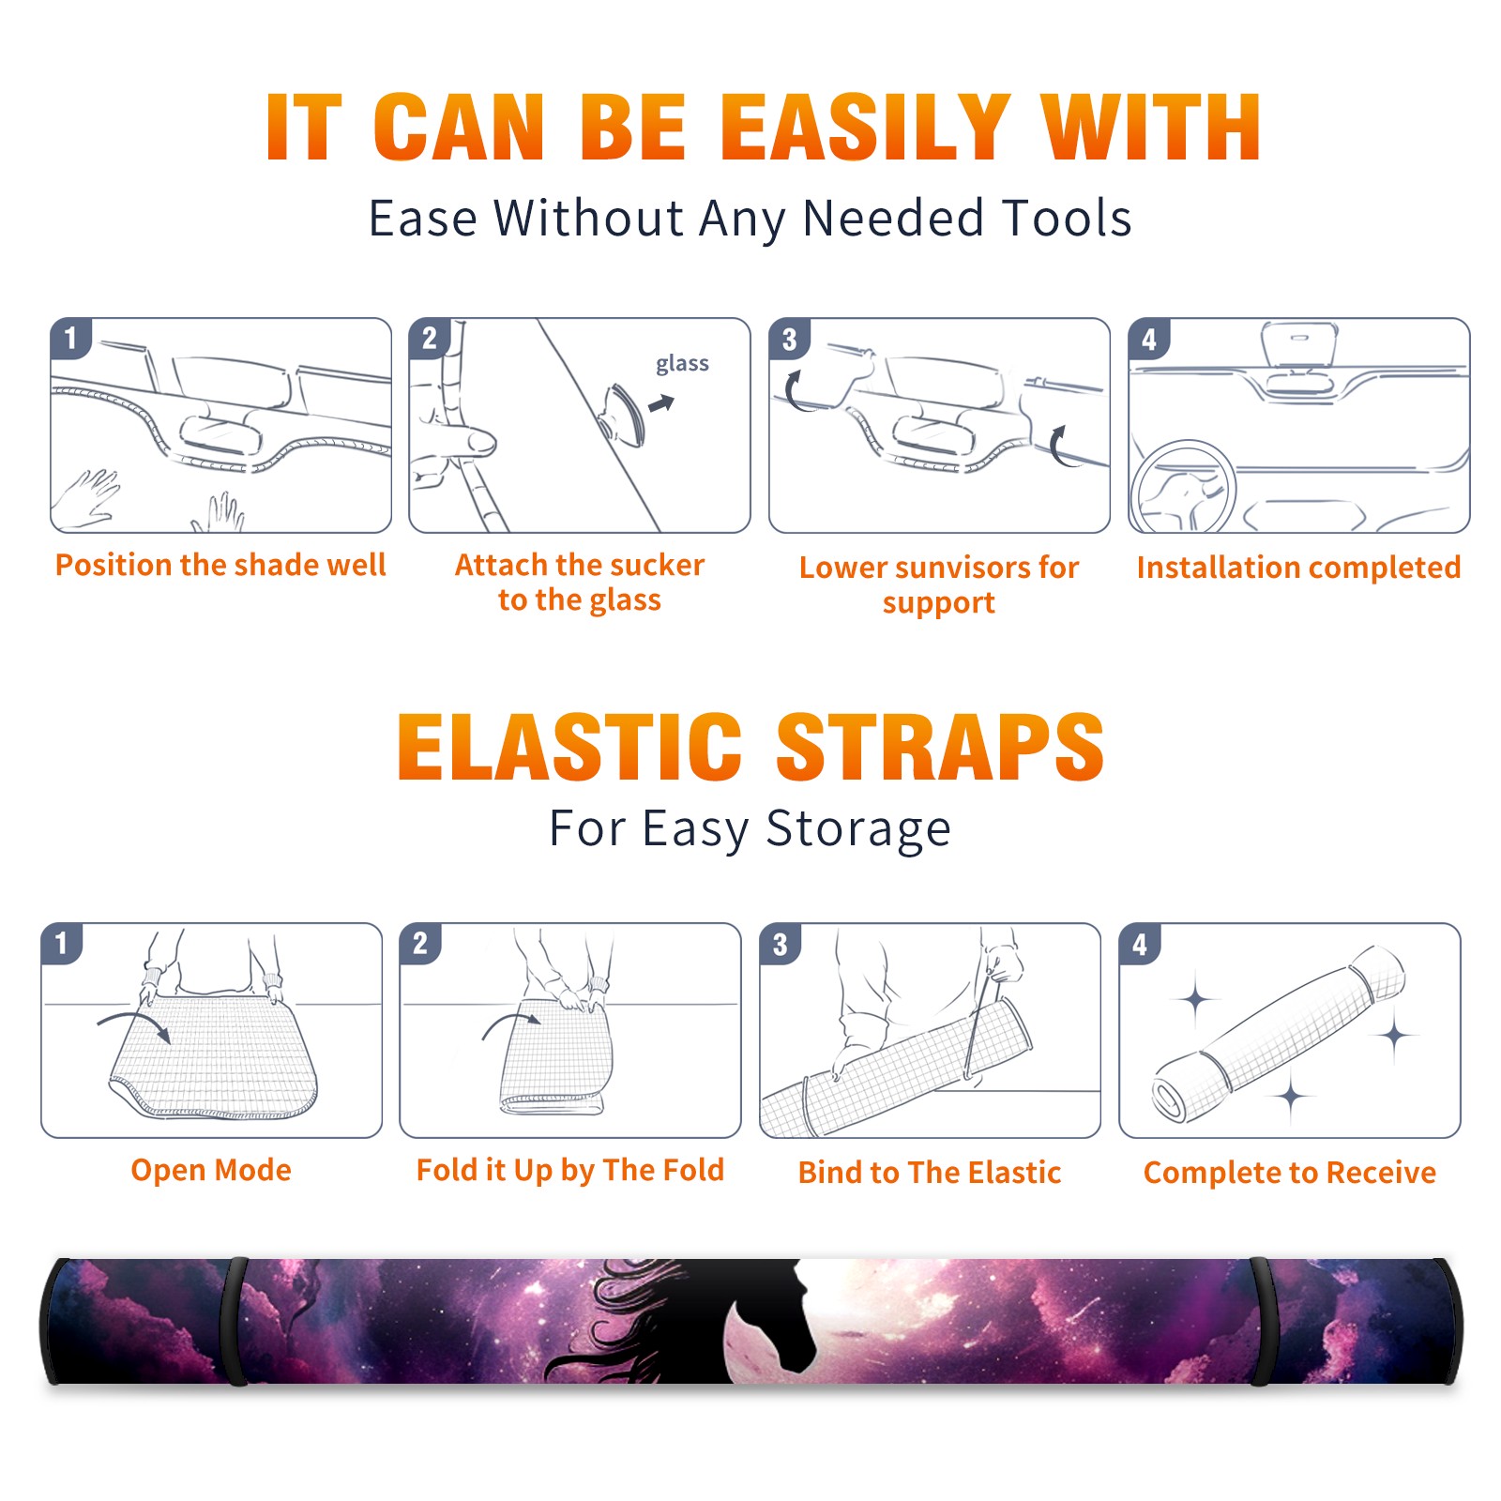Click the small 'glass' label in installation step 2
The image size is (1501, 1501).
(x=682, y=363)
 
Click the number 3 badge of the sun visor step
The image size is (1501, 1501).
(x=789, y=340)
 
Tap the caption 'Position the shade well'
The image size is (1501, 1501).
(x=220, y=565)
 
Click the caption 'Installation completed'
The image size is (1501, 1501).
(x=1298, y=568)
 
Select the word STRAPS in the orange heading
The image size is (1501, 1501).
(x=940, y=747)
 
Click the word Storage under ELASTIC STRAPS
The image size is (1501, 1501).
(x=858, y=829)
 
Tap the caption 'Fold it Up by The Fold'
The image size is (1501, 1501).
(x=570, y=1170)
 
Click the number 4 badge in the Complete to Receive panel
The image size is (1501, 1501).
(x=1139, y=944)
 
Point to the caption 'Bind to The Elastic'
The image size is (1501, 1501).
(x=930, y=1173)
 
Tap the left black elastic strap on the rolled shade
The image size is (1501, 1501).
(x=234, y=1321)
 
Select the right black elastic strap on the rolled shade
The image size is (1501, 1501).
(x=1260, y=1321)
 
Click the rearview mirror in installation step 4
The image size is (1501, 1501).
(x=1299, y=344)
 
